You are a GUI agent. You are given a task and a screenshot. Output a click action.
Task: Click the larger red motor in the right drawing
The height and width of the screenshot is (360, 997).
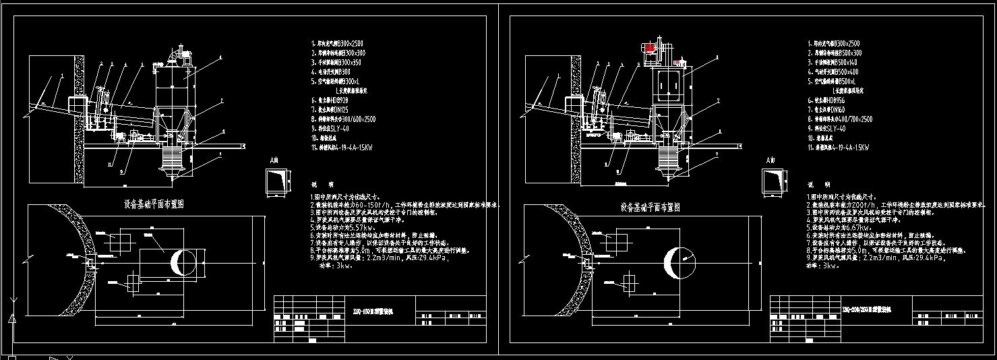(651, 49)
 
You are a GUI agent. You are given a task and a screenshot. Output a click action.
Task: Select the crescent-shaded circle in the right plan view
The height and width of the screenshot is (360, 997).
(677, 262)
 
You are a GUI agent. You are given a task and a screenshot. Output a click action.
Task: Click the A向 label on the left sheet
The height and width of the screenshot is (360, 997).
(273, 161)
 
